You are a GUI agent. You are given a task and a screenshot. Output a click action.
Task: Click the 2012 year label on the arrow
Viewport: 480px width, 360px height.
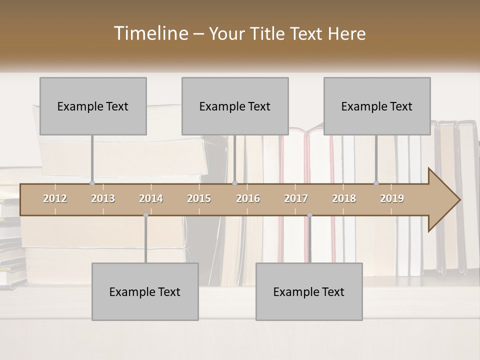tap(55, 198)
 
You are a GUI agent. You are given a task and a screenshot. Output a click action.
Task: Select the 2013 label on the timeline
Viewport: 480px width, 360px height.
tap(103, 198)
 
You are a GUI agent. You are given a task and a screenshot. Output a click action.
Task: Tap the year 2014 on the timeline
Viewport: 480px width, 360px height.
tap(151, 198)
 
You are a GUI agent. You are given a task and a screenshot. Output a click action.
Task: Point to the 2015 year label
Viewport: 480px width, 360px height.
tap(199, 198)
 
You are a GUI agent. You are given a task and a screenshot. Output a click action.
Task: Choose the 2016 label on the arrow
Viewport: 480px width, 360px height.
tap(248, 198)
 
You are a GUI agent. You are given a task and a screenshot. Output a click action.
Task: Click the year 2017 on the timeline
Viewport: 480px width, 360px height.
tap(296, 198)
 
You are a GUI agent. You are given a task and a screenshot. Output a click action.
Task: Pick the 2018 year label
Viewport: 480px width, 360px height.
tap(344, 198)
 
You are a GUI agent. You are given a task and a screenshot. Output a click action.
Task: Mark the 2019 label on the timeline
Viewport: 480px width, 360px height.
tap(392, 198)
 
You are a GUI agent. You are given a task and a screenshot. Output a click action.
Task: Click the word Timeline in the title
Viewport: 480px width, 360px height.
tap(150, 33)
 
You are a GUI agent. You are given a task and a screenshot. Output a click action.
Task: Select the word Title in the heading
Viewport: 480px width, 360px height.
tap(269, 33)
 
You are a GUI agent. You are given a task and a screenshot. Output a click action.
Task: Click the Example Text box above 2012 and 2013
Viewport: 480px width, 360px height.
tap(93, 106)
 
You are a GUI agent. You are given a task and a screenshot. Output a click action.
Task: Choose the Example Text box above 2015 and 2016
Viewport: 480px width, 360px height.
tap(235, 106)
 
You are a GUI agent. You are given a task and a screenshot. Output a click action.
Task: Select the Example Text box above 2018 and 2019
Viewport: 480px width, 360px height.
tap(377, 106)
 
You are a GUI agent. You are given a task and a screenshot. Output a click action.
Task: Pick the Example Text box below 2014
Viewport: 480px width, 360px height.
tap(145, 291)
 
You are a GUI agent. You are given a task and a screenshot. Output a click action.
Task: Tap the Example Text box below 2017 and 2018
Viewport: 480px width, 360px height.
tap(309, 291)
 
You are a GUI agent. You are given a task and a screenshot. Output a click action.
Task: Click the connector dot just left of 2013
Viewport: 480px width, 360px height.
tap(92, 183)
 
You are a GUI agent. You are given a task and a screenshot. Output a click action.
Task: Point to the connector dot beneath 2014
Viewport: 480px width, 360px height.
tap(145, 215)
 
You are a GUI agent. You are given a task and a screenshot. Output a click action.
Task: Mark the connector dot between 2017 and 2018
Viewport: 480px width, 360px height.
tap(309, 215)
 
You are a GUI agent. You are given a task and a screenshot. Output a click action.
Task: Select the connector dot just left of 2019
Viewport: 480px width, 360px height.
tap(376, 183)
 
